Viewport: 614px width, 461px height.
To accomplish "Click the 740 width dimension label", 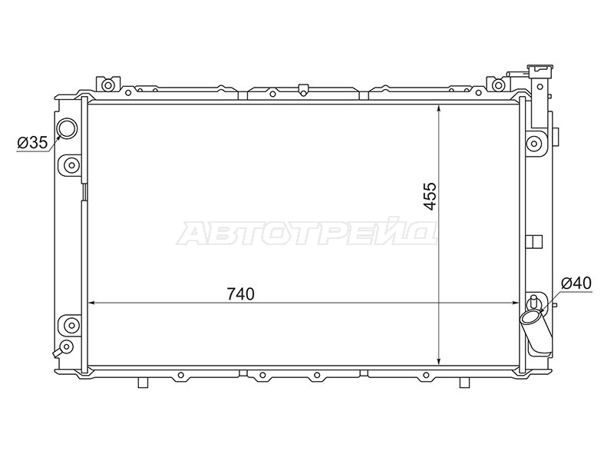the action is click(x=240, y=294).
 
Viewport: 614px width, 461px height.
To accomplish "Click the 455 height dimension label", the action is click(x=430, y=196).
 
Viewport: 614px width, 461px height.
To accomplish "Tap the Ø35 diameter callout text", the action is click(x=32, y=143).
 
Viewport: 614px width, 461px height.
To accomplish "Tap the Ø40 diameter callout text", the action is click(x=576, y=283).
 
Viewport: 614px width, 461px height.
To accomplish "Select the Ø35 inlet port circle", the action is click(x=68, y=128).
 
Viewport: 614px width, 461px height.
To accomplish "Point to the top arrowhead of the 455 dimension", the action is click(x=440, y=108).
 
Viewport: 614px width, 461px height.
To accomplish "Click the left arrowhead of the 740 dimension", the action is click(x=92, y=303).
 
